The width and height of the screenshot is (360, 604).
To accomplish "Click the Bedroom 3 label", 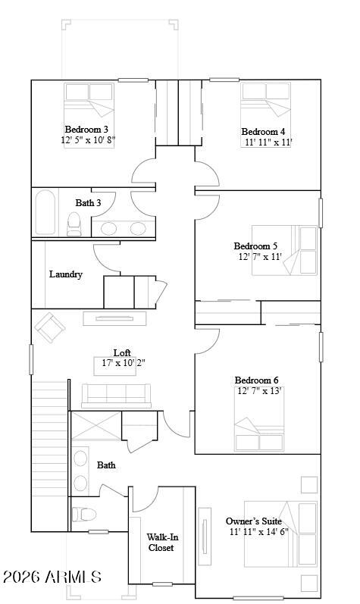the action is point(86,129).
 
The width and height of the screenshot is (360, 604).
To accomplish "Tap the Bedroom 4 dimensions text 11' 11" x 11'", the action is point(269,142).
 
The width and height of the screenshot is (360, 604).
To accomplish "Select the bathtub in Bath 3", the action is point(45,212).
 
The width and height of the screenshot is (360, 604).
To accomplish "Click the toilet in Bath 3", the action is point(74,224).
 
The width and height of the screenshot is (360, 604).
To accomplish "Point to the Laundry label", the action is point(66,274).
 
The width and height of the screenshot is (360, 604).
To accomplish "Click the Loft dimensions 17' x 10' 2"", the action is point(124,362).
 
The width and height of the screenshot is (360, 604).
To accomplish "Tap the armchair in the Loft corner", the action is point(50,327).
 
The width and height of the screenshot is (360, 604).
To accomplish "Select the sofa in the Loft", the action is point(116,396).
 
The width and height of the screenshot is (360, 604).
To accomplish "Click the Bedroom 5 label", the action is point(255,246).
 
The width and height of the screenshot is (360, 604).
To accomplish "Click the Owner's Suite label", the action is point(253,521).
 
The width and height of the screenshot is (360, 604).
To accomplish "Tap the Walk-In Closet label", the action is point(162,542).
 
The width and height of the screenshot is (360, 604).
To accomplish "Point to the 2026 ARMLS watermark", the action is point(52,577).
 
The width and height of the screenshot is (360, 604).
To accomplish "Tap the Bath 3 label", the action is point(88,202).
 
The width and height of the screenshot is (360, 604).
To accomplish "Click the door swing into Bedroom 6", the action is point(208,341).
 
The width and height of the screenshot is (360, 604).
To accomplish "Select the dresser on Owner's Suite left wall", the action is point(205,532).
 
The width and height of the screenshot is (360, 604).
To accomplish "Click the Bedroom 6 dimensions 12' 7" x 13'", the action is point(259,391).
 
